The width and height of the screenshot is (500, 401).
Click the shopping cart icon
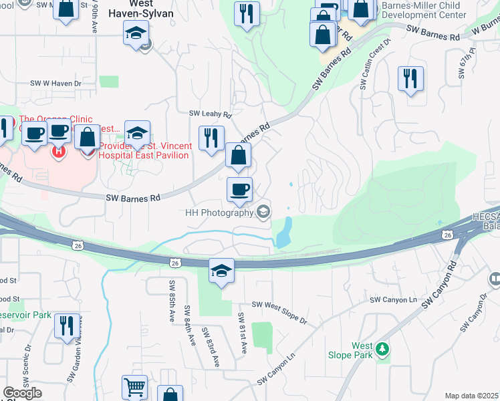coord(135,388)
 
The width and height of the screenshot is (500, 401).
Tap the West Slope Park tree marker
coord(382,348)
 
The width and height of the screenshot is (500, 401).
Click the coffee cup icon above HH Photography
coord(239,189)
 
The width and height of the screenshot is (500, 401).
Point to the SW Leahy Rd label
coord(209,114)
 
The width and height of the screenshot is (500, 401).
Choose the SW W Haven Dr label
coord(55,84)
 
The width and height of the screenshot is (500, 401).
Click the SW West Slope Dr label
coord(279,312)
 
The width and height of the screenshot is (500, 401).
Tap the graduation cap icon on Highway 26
coord(221,271)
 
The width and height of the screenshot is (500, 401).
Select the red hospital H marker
coord(58,151)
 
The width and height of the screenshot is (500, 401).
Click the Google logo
coord(22,393)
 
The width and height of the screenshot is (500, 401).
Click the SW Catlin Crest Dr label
coord(374,64)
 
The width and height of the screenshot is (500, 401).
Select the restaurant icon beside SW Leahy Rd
coord(212,138)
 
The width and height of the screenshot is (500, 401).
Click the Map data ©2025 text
coord(472,396)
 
